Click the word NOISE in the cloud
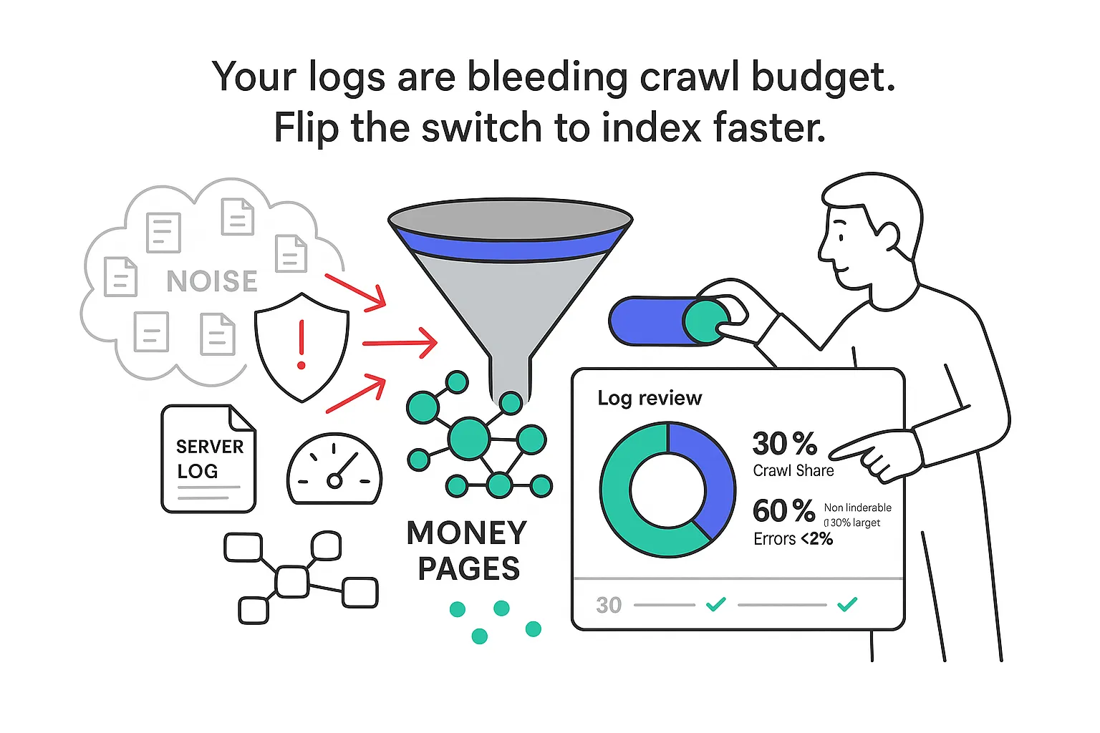tap(212, 281)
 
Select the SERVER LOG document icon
tap(208, 459)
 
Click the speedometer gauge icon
tap(334, 469)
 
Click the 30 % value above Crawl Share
tap(784, 444)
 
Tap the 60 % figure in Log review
tap(783, 510)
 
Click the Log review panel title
tap(650, 398)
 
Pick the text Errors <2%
tap(793, 539)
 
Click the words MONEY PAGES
tap(468, 550)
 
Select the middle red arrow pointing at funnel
tap(400, 343)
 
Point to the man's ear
tap(889, 236)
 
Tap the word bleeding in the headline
tap(548, 77)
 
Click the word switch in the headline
tap(481, 128)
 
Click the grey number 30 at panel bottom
tap(609, 605)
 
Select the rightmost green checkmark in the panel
tap(847, 604)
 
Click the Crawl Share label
tap(793, 470)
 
